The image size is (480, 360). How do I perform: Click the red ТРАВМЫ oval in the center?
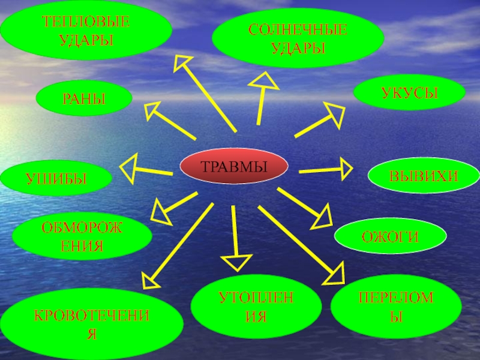(233, 166)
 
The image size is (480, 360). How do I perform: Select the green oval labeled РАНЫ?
(84, 99)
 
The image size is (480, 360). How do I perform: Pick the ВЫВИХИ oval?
(424, 176)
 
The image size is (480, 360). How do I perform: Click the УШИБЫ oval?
(56, 179)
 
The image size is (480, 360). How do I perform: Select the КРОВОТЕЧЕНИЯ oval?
(91, 325)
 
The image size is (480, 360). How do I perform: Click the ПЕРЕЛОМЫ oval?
(396, 306)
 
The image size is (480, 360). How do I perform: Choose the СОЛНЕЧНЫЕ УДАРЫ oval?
(298, 37)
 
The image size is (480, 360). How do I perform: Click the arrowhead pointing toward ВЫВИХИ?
(344, 169)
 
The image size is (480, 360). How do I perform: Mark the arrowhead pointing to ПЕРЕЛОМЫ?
(336, 274)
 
